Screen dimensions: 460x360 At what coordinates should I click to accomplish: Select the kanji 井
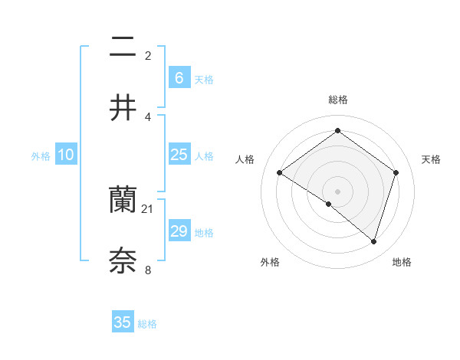pyautogui.click(x=123, y=109)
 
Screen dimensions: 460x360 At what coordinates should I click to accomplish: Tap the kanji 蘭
pyautogui.click(x=123, y=201)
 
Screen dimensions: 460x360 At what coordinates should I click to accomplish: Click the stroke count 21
pyautogui.click(x=148, y=208)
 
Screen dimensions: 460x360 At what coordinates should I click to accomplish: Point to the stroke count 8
pyautogui.click(x=148, y=270)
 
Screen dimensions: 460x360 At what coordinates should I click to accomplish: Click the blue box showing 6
pyautogui.click(x=179, y=78)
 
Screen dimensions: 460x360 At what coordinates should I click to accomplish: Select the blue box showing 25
pyautogui.click(x=179, y=155)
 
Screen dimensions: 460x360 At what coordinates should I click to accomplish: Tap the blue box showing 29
pyautogui.click(x=179, y=231)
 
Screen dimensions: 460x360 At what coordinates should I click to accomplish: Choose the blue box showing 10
pyautogui.click(x=65, y=155)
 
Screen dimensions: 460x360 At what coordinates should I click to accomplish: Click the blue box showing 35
pyautogui.click(x=123, y=322)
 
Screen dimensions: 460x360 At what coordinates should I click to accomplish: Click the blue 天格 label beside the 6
pyautogui.click(x=204, y=80)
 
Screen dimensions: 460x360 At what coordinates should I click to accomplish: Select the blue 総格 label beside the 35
pyautogui.click(x=147, y=324)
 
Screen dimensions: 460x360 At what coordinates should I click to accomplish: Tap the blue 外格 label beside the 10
pyautogui.click(x=41, y=156)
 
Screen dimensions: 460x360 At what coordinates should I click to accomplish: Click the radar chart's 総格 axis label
pyautogui.click(x=338, y=100)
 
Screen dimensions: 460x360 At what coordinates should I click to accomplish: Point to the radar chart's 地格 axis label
pyautogui.click(x=402, y=262)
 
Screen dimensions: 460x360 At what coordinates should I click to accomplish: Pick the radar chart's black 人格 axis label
pyautogui.click(x=245, y=159)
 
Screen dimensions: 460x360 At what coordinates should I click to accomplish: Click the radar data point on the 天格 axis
pyautogui.click(x=396, y=172)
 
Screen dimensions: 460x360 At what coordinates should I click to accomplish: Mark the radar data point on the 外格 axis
pyautogui.click(x=329, y=204)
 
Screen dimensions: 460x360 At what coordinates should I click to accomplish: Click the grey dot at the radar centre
pyautogui.click(x=338, y=191)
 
